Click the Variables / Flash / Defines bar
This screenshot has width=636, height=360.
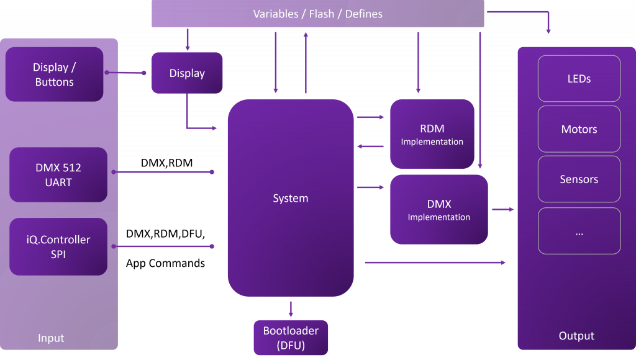pos(317,14)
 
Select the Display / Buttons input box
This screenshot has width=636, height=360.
pos(55,74)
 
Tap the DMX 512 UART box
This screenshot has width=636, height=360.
pos(58,175)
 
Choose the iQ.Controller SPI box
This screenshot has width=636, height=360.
pos(58,246)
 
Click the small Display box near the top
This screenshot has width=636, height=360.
pos(186,73)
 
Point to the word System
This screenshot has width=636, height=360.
pos(290,199)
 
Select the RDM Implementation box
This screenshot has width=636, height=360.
pos(432,134)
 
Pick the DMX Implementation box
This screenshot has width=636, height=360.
pos(438,210)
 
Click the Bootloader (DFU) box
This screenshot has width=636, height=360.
pos(291,337)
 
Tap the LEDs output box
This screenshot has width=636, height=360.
pos(579,79)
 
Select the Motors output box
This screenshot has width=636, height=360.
pos(579,129)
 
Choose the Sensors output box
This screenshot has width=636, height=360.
pos(579,179)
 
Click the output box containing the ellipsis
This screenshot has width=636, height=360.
pos(579,231)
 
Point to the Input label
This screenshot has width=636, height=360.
pos(51,338)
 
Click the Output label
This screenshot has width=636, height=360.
pos(576,336)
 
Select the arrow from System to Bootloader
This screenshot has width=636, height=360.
pos(291,308)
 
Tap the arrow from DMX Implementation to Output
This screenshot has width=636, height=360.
pos(502,210)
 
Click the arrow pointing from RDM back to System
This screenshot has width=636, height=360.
pos(370,146)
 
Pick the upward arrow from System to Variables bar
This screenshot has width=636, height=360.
pos(305,62)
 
